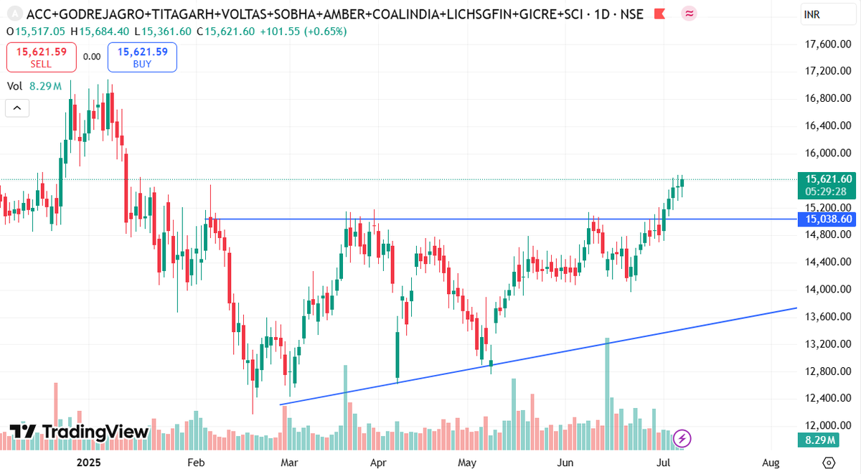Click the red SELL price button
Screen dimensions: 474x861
pos(41,57)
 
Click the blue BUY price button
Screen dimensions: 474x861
pos(142,57)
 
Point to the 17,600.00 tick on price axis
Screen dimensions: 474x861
pos(829,44)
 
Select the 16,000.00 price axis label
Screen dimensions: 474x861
pos(829,153)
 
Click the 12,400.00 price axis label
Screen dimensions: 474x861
pos(829,398)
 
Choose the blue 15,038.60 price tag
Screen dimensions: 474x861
pos(829,219)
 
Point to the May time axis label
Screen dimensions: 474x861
pos(468,463)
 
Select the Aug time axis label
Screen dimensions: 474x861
pos(771,463)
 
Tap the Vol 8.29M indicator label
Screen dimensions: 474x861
pos(34,86)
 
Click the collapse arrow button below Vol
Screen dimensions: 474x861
pos(17,109)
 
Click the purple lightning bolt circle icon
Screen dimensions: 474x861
pos(682,437)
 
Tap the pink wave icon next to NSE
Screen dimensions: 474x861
pos(690,14)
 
